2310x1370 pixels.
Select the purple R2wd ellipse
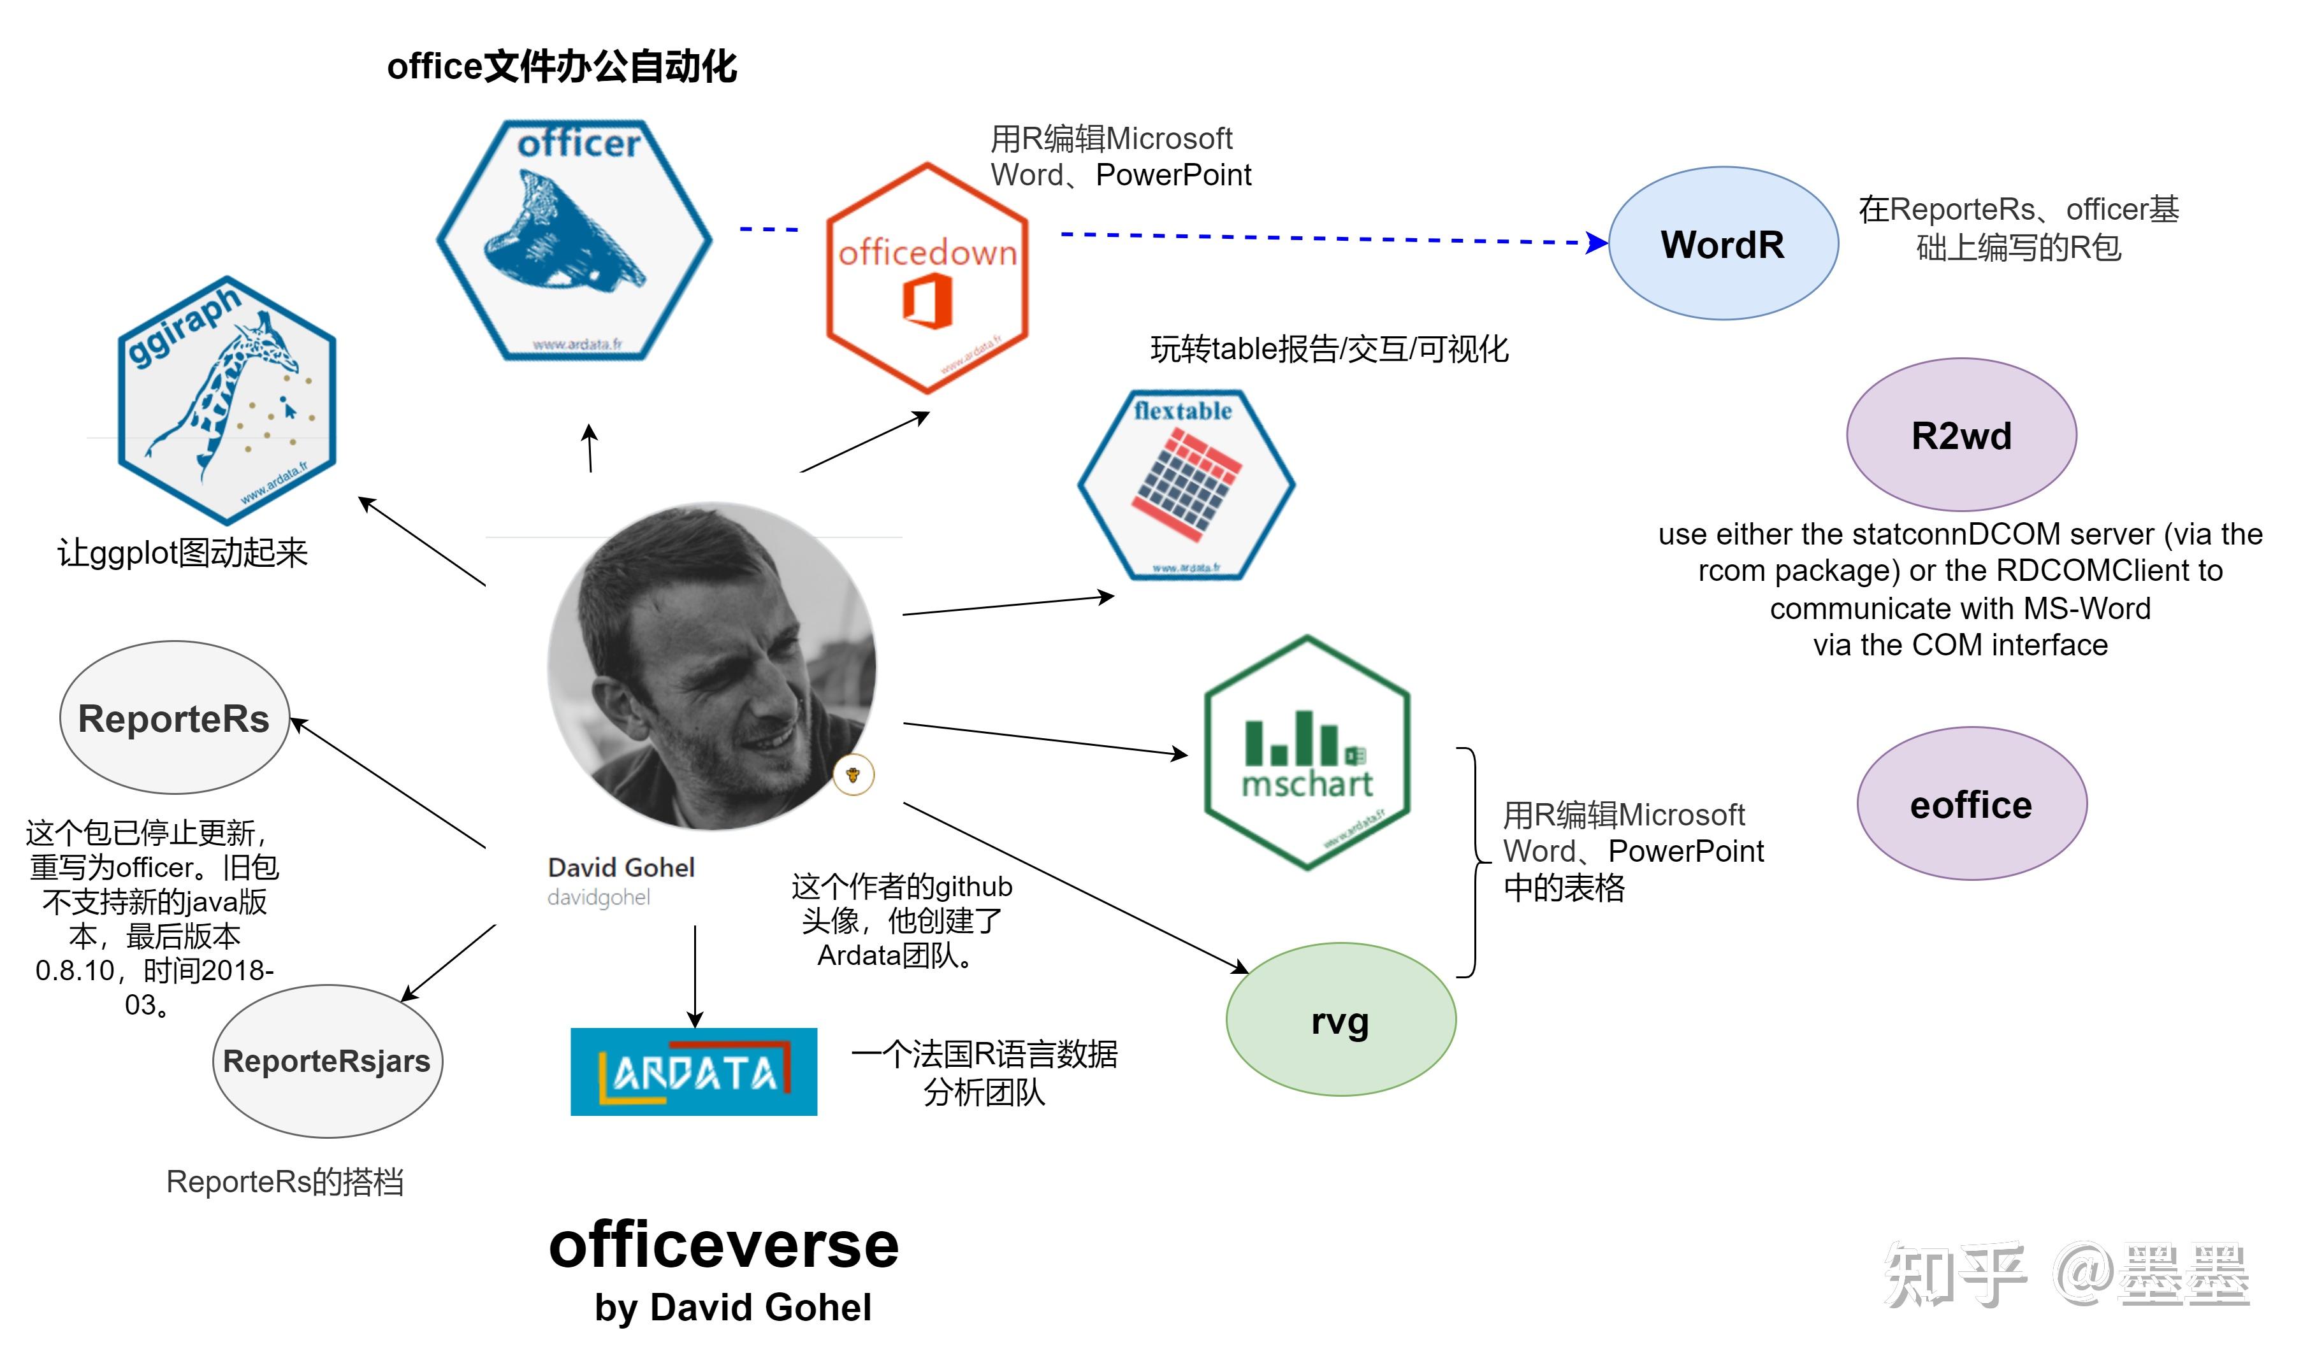point(1961,435)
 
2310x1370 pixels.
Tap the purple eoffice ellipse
point(1971,804)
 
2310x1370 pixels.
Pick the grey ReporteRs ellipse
point(173,717)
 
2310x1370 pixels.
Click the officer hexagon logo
point(574,240)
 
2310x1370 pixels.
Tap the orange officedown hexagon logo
point(926,277)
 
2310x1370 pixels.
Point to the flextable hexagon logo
point(1186,485)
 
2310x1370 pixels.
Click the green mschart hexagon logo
point(1307,752)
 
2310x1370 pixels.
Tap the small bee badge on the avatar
point(852,774)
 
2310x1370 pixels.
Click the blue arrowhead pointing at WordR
point(1596,243)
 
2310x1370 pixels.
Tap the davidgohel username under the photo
point(599,897)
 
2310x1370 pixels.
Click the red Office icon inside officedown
point(927,302)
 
